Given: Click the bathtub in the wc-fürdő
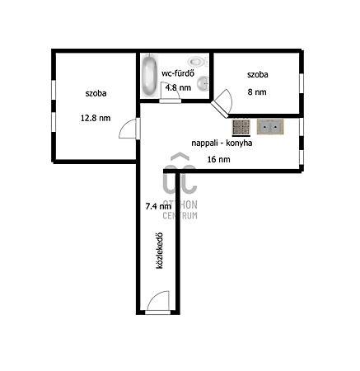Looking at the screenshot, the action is pyautogui.click(x=150, y=75).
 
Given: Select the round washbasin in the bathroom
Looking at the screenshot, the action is pyautogui.click(x=203, y=82).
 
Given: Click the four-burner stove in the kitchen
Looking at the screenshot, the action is pyautogui.click(x=241, y=128).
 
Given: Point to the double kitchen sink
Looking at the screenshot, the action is pyautogui.click(x=270, y=127).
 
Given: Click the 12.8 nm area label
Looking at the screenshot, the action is pyautogui.click(x=96, y=118).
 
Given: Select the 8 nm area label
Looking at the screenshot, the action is pyautogui.click(x=257, y=92).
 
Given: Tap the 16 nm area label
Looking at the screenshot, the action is pyautogui.click(x=218, y=159).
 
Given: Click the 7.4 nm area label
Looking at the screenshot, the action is pyautogui.click(x=158, y=206).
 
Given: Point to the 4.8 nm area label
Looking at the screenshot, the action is pyautogui.click(x=178, y=87).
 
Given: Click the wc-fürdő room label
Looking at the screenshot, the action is pyautogui.click(x=178, y=73).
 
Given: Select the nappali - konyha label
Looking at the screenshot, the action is pyautogui.click(x=222, y=143).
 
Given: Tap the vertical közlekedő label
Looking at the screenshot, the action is pyautogui.click(x=159, y=251).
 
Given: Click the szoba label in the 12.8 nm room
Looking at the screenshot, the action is pyautogui.click(x=96, y=93).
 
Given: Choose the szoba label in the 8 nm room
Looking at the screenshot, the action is pyautogui.click(x=258, y=75).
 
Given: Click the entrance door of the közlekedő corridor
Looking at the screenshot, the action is pyautogui.click(x=158, y=303).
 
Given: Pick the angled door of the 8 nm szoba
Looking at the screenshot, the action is pyautogui.click(x=222, y=103).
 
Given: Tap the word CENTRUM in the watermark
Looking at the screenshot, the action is pyautogui.click(x=180, y=216).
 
